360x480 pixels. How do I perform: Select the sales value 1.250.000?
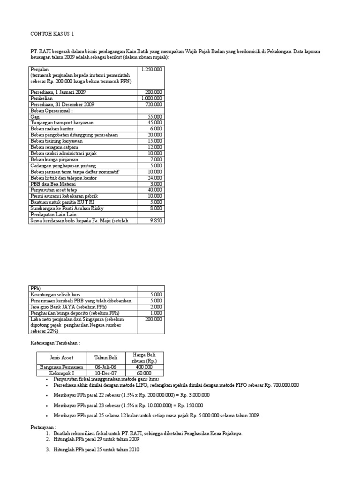click(151, 69)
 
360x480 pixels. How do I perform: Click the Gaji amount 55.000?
click(155, 116)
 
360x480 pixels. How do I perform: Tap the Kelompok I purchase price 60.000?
click(144, 373)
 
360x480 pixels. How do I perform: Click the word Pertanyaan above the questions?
click(42, 427)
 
